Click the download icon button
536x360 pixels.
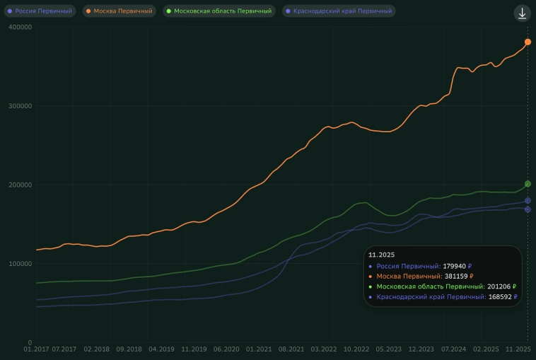click(522, 13)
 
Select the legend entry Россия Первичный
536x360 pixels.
click(40, 11)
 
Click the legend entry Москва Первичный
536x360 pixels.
click(119, 11)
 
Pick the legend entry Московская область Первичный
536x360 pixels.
click(219, 11)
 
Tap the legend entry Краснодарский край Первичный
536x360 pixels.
click(339, 11)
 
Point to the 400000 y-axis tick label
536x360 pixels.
click(20, 27)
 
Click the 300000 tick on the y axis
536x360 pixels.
click(20, 106)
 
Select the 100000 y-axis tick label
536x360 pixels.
click(20, 264)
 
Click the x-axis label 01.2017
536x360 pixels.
click(37, 349)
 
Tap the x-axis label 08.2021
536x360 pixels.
click(291, 349)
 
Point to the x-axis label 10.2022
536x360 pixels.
click(356, 349)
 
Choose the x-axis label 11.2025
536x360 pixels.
click(518, 349)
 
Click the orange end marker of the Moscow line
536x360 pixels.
click(528, 42)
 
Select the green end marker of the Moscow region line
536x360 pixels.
click(528, 184)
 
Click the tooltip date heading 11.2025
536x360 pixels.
click(382, 254)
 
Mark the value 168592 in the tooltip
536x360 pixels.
click(501, 298)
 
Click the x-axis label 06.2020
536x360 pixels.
click(226, 349)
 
